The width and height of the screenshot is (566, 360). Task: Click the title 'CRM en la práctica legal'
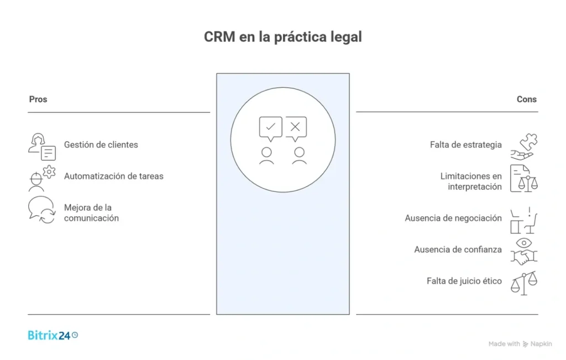pyautogui.click(x=282, y=37)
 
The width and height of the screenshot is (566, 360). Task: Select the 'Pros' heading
pyautogui.click(x=38, y=100)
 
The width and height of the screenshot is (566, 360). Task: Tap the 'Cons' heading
pyautogui.click(x=526, y=100)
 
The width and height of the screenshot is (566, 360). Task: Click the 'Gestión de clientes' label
pyautogui.click(x=101, y=145)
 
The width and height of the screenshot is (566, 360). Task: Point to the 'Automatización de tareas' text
pyautogui.click(x=113, y=176)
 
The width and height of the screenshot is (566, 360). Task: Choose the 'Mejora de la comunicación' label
pyautogui.click(x=91, y=213)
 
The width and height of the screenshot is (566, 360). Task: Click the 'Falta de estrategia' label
pyautogui.click(x=465, y=145)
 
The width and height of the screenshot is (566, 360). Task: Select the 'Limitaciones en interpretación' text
pyautogui.click(x=471, y=181)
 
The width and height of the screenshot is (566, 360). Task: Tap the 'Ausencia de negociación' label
pyautogui.click(x=453, y=218)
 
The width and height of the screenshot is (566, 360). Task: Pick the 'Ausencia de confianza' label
pyautogui.click(x=458, y=249)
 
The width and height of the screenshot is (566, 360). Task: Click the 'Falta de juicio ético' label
pyautogui.click(x=464, y=281)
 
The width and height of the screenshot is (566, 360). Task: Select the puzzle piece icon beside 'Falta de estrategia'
pyautogui.click(x=528, y=142)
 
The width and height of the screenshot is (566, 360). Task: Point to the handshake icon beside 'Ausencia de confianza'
pyautogui.click(x=523, y=256)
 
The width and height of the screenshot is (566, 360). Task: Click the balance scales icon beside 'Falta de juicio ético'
pyautogui.click(x=523, y=283)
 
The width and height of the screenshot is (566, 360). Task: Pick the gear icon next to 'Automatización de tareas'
pyautogui.click(x=49, y=172)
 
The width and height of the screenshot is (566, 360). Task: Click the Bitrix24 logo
pyautogui.click(x=53, y=335)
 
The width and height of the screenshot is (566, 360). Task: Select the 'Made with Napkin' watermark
pyautogui.click(x=520, y=344)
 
